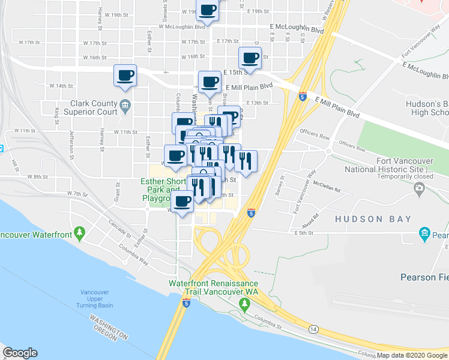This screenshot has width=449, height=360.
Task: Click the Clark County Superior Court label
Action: (x=93, y=107)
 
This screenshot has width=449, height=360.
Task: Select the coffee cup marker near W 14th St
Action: (x=125, y=76)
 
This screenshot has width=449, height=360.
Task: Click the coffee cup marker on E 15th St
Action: (x=250, y=58)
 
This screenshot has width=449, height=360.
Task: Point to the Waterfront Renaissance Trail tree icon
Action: (x=244, y=304)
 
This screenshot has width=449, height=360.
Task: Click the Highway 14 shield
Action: (x=313, y=329)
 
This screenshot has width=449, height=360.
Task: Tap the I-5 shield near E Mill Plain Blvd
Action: (x=303, y=96)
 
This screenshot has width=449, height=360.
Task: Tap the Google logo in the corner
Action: (x=20, y=353)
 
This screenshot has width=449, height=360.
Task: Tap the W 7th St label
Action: (x=77, y=194)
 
